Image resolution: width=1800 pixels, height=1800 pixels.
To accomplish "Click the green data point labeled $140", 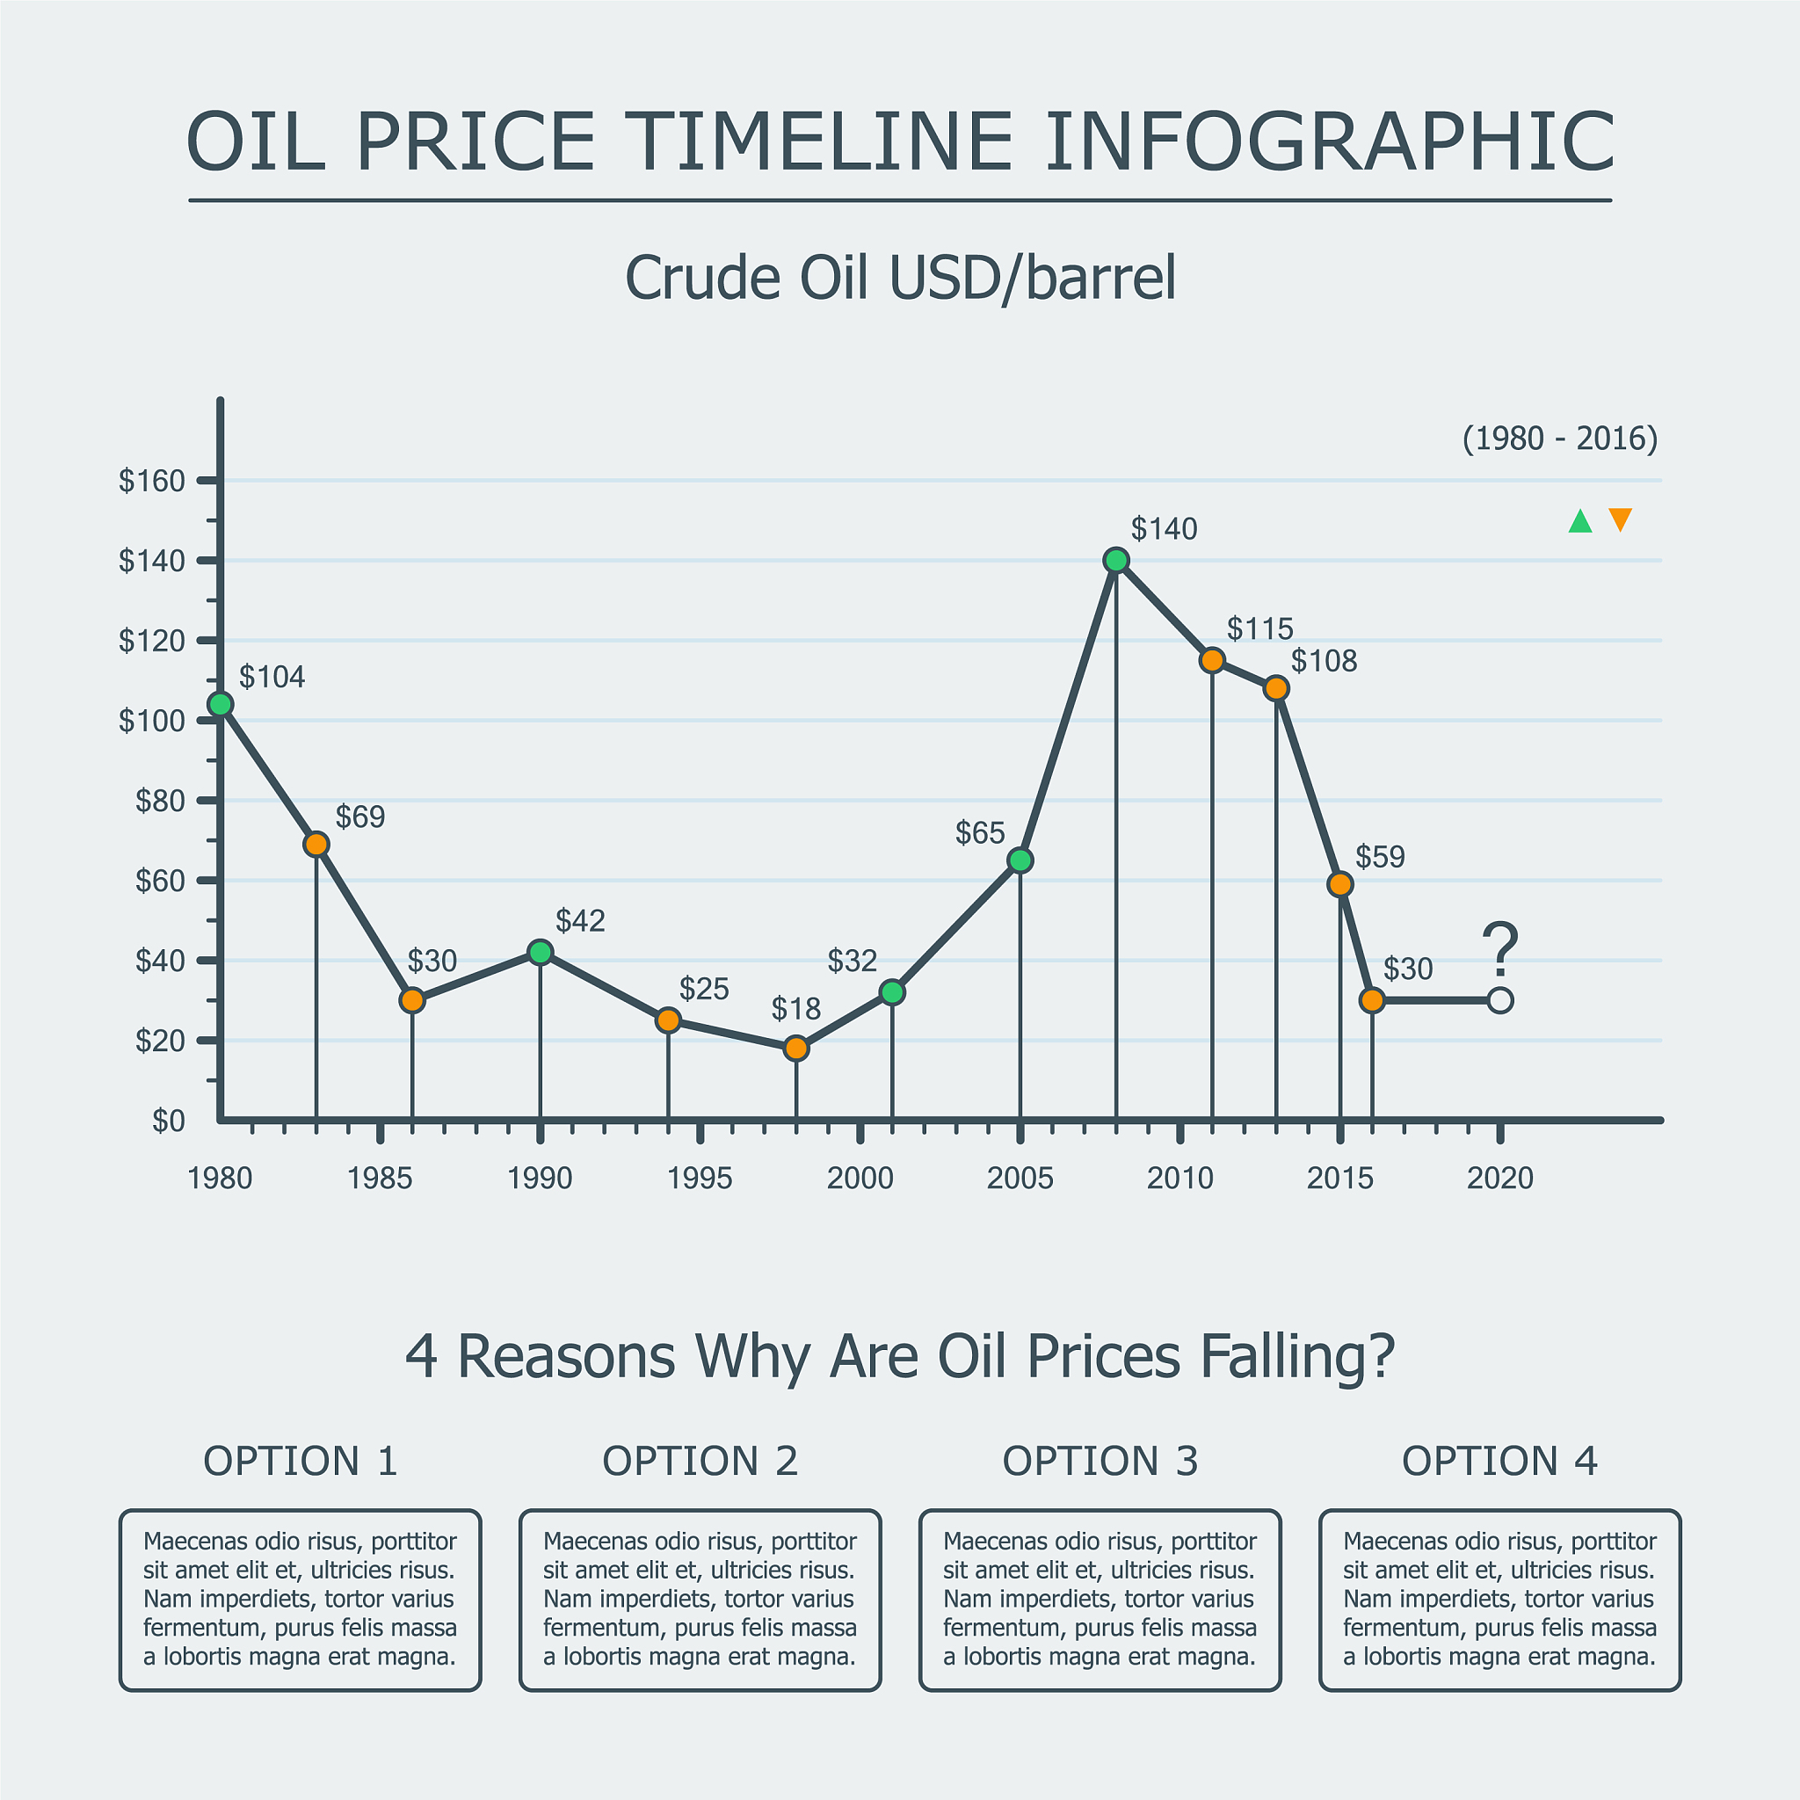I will pyautogui.click(x=1116, y=560).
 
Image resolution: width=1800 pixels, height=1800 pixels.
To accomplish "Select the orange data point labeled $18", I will pyautogui.click(x=795, y=1049).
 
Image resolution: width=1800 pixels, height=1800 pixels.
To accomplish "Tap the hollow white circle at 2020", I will pyautogui.click(x=1500, y=1000).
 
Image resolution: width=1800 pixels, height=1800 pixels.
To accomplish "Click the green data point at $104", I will pyautogui.click(x=221, y=704).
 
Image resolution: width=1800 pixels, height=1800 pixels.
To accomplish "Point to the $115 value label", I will pyautogui.click(x=1259, y=629).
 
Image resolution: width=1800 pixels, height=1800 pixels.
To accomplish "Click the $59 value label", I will pyautogui.click(x=1379, y=856).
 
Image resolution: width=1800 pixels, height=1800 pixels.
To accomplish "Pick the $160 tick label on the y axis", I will pyautogui.click(x=152, y=481).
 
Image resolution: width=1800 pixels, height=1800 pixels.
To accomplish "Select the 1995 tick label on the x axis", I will pyautogui.click(x=700, y=1179).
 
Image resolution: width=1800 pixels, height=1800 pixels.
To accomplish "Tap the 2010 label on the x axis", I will pyautogui.click(x=1179, y=1179).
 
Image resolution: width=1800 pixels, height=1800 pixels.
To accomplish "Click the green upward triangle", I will pyautogui.click(x=1580, y=522).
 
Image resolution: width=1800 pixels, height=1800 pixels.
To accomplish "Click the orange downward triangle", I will pyautogui.click(x=1620, y=519).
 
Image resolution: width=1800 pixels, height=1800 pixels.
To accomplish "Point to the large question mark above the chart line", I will pyautogui.click(x=1500, y=948).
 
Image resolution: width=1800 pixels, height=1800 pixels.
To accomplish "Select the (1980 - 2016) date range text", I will pyautogui.click(x=1560, y=438).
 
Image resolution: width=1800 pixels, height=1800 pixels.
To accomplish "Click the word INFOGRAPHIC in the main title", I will pyautogui.click(x=1330, y=142).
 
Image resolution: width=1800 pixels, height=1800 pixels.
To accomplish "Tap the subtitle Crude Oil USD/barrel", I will pyautogui.click(x=900, y=278).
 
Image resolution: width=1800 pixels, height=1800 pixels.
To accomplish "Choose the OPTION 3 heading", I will pyautogui.click(x=1100, y=1461).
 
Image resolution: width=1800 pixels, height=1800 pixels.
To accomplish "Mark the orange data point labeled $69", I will pyautogui.click(x=316, y=844).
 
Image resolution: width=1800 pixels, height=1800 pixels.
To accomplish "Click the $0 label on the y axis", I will pyautogui.click(x=169, y=1121).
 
